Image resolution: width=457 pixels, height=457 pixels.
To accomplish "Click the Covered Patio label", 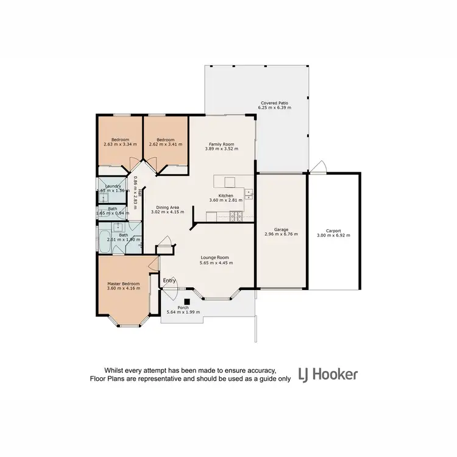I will point(275,103).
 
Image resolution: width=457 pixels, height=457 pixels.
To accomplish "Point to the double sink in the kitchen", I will point(248,194).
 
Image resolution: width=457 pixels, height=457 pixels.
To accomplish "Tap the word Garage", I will point(281,230).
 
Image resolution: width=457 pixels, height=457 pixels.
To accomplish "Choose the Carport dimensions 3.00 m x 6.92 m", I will point(333,235).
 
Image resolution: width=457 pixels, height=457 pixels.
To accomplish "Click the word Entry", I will point(169,280).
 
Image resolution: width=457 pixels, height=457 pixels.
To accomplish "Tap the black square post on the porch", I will point(188,300).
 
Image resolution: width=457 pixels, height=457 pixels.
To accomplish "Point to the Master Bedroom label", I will point(124,283).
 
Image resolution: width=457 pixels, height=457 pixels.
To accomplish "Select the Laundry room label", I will point(113,186).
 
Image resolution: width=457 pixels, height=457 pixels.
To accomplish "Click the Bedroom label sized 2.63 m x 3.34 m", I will point(120,140).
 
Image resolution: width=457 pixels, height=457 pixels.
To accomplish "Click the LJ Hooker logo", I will point(328,374).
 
